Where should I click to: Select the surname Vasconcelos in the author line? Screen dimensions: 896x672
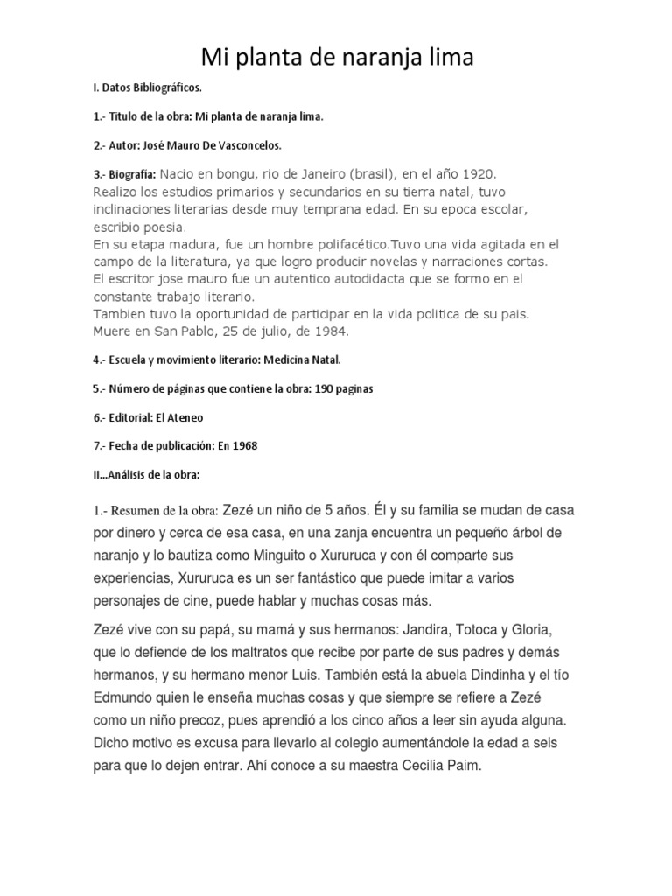point(267,144)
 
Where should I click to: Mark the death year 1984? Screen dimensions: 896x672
point(325,332)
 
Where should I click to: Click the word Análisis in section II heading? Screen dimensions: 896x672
point(133,475)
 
